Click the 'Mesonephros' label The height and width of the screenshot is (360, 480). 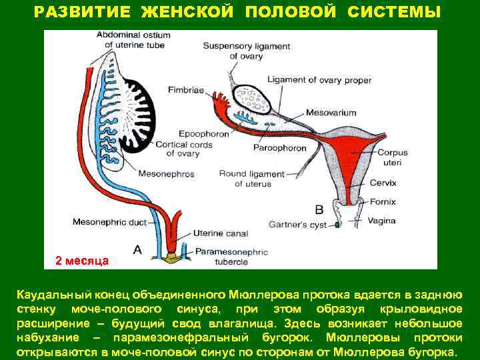(166, 174)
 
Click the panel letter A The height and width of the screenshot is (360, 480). (137, 249)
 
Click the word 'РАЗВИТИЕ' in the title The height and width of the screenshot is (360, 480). (79, 13)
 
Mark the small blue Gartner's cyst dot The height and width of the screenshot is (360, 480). (337, 225)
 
